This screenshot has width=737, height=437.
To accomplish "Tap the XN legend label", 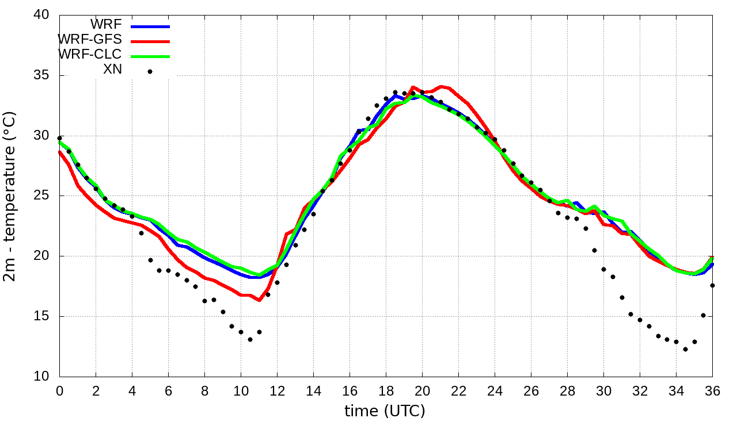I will (x=112, y=70).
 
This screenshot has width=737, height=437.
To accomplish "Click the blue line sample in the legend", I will (x=150, y=26).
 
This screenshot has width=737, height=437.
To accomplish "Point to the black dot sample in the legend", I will (x=150, y=71).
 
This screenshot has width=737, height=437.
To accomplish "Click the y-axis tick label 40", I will (x=41, y=15).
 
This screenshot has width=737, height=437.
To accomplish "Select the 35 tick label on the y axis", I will (x=41, y=75).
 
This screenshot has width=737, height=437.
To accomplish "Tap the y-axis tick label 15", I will (x=41, y=317).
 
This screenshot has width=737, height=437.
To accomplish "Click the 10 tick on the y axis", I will (x=41, y=377).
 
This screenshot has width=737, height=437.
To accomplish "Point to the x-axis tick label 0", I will (x=59, y=390).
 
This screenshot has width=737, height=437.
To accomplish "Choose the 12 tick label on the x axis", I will (x=277, y=390).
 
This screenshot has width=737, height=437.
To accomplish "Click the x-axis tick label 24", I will (x=495, y=390).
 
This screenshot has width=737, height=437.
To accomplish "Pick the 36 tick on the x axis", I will (x=712, y=390).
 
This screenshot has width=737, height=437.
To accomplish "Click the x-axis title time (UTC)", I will (x=385, y=411).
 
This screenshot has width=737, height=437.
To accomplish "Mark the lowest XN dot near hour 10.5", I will (x=250, y=339).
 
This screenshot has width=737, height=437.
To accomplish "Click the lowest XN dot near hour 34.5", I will (x=685, y=349).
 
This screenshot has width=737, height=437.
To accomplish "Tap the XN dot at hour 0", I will (x=60, y=138).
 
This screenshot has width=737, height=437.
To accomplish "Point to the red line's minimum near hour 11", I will (x=259, y=300).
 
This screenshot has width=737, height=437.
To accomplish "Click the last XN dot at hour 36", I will (x=712, y=285).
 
